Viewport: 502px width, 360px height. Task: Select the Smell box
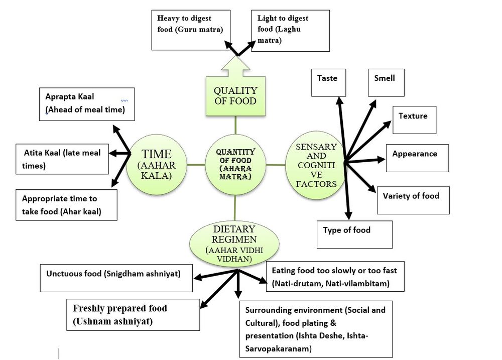(x=386, y=83)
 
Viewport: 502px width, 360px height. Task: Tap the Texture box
(x=414, y=119)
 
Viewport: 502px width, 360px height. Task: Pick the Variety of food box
(x=413, y=200)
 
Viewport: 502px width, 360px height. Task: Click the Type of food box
(x=354, y=234)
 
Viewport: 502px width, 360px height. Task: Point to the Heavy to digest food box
(x=187, y=30)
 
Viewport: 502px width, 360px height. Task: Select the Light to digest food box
(x=290, y=30)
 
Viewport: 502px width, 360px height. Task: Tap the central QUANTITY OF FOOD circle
(x=235, y=165)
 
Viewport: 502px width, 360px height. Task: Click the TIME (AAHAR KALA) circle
(x=156, y=165)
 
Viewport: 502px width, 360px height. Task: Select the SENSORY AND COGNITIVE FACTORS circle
(x=316, y=165)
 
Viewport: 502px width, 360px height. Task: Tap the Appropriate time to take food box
(x=66, y=204)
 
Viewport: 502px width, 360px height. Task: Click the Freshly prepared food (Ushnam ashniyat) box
(x=134, y=315)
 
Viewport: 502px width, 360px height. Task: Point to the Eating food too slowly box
(x=335, y=277)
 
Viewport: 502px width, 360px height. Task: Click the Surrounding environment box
(x=316, y=329)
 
